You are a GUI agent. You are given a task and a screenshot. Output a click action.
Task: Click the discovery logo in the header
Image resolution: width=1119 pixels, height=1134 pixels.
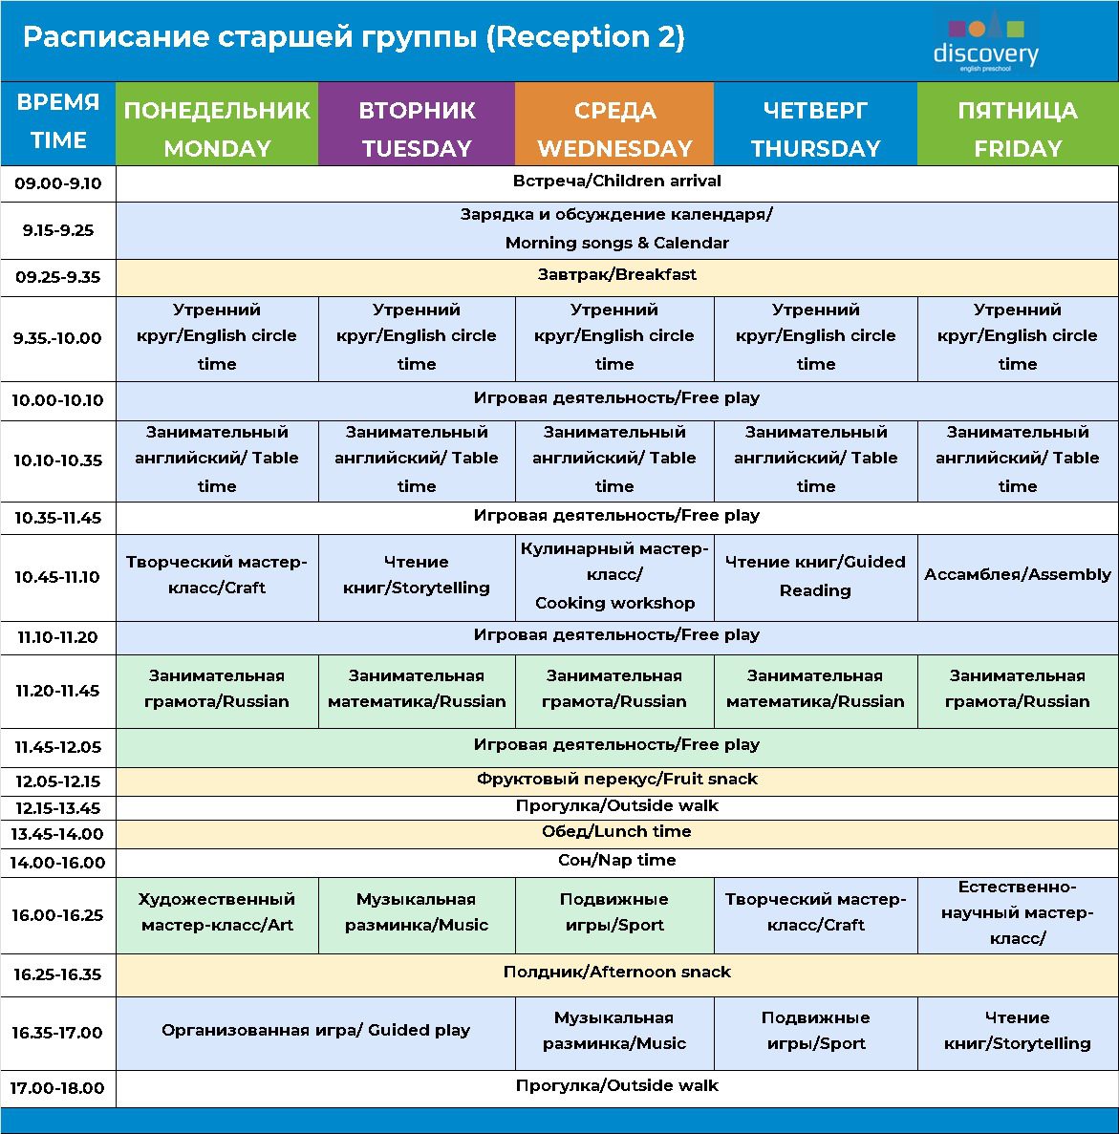point(985,42)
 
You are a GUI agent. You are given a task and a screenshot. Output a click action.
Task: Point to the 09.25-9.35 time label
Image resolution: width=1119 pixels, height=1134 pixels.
point(58,278)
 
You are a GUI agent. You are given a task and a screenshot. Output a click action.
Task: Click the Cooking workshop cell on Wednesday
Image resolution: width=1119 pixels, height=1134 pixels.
point(614,576)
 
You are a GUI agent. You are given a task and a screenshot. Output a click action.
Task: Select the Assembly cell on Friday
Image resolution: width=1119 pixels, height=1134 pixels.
point(1018,574)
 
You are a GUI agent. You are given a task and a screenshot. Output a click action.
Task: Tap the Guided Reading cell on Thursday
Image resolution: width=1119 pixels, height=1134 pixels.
point(815,576)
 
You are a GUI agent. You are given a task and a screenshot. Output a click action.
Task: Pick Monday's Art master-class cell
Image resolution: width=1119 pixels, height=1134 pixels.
point(217,912)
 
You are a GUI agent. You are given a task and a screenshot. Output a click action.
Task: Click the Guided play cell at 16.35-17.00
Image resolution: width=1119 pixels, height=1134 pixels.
point(315,1031)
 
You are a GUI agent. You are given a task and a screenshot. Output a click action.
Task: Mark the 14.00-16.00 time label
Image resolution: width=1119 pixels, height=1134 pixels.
point(58,863)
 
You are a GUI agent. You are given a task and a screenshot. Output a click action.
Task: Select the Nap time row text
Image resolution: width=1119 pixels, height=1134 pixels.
point(616,861)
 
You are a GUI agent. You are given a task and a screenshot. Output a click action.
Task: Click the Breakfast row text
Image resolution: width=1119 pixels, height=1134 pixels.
point(616,275)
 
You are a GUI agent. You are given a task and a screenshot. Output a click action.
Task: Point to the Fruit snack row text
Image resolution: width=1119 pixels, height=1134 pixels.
point(616,780)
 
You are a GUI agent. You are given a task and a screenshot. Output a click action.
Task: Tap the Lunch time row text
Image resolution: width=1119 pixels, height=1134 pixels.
point(616,832)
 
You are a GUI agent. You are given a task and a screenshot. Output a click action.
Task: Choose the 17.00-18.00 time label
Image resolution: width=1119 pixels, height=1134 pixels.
point(58,1088)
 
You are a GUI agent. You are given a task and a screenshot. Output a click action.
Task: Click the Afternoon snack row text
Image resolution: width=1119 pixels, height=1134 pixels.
point(616,973)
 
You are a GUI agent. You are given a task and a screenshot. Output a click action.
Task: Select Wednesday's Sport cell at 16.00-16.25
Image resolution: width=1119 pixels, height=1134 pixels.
point(614,912)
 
